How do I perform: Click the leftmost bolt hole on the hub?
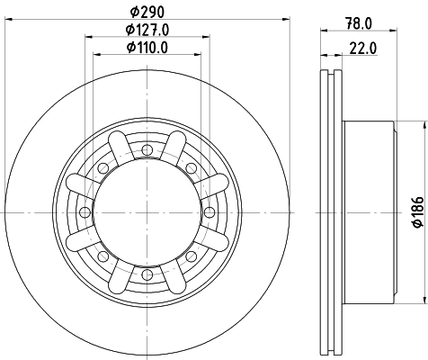point(84,211)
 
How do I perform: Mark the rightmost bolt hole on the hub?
point(210,211)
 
